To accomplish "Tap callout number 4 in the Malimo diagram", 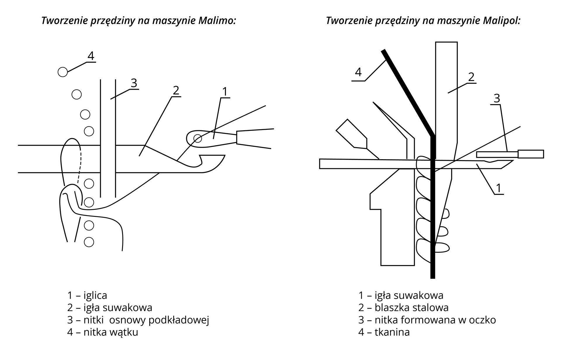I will tap(91, 56).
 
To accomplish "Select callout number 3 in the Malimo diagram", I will tap(134, 83).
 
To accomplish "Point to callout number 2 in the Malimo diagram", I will tap(176, 91).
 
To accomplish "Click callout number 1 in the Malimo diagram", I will tap(224, 92).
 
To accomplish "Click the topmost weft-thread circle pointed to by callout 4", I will tap(63, 72).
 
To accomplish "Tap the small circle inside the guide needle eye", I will tap(198, 138).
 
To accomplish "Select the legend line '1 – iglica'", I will tap(87, 295).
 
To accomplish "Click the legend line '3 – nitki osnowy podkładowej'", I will tap(138, 320).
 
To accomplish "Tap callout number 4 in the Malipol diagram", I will tap(358, 72).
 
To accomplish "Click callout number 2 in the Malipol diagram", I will tap(471, 77).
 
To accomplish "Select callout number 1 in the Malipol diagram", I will tap(499, 188).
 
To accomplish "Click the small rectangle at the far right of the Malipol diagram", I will tap(531, 154).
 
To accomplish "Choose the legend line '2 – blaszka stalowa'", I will tap(403, 308).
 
